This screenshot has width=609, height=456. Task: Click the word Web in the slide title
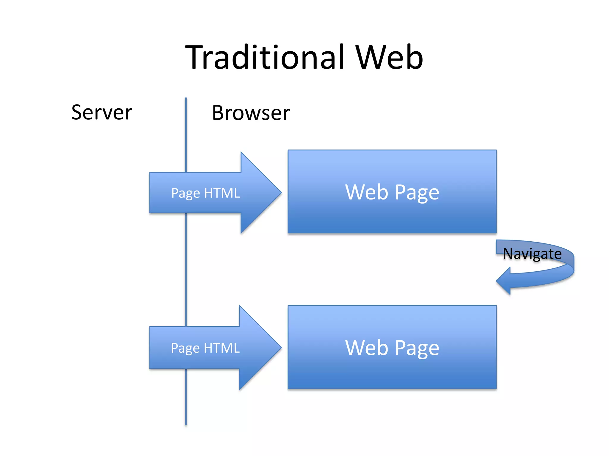[x=389, y=57]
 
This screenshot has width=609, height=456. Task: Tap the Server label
[x=102, y=113]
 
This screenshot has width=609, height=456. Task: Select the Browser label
[x=251, y=113]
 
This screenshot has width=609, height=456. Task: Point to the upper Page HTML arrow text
[x=205, y=193]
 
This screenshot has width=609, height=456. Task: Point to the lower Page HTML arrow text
[x=205, y=348]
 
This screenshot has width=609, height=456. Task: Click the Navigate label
[x=532, y=254]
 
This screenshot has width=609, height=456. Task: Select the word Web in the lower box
[x=366, y=348]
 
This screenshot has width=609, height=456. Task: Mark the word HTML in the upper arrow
[x=222, y=193]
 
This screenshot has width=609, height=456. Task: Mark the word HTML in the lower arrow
[x=222, y=348]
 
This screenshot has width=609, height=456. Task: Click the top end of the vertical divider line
[x=186, y=99]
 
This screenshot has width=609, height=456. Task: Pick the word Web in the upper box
[x=366, y=192]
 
